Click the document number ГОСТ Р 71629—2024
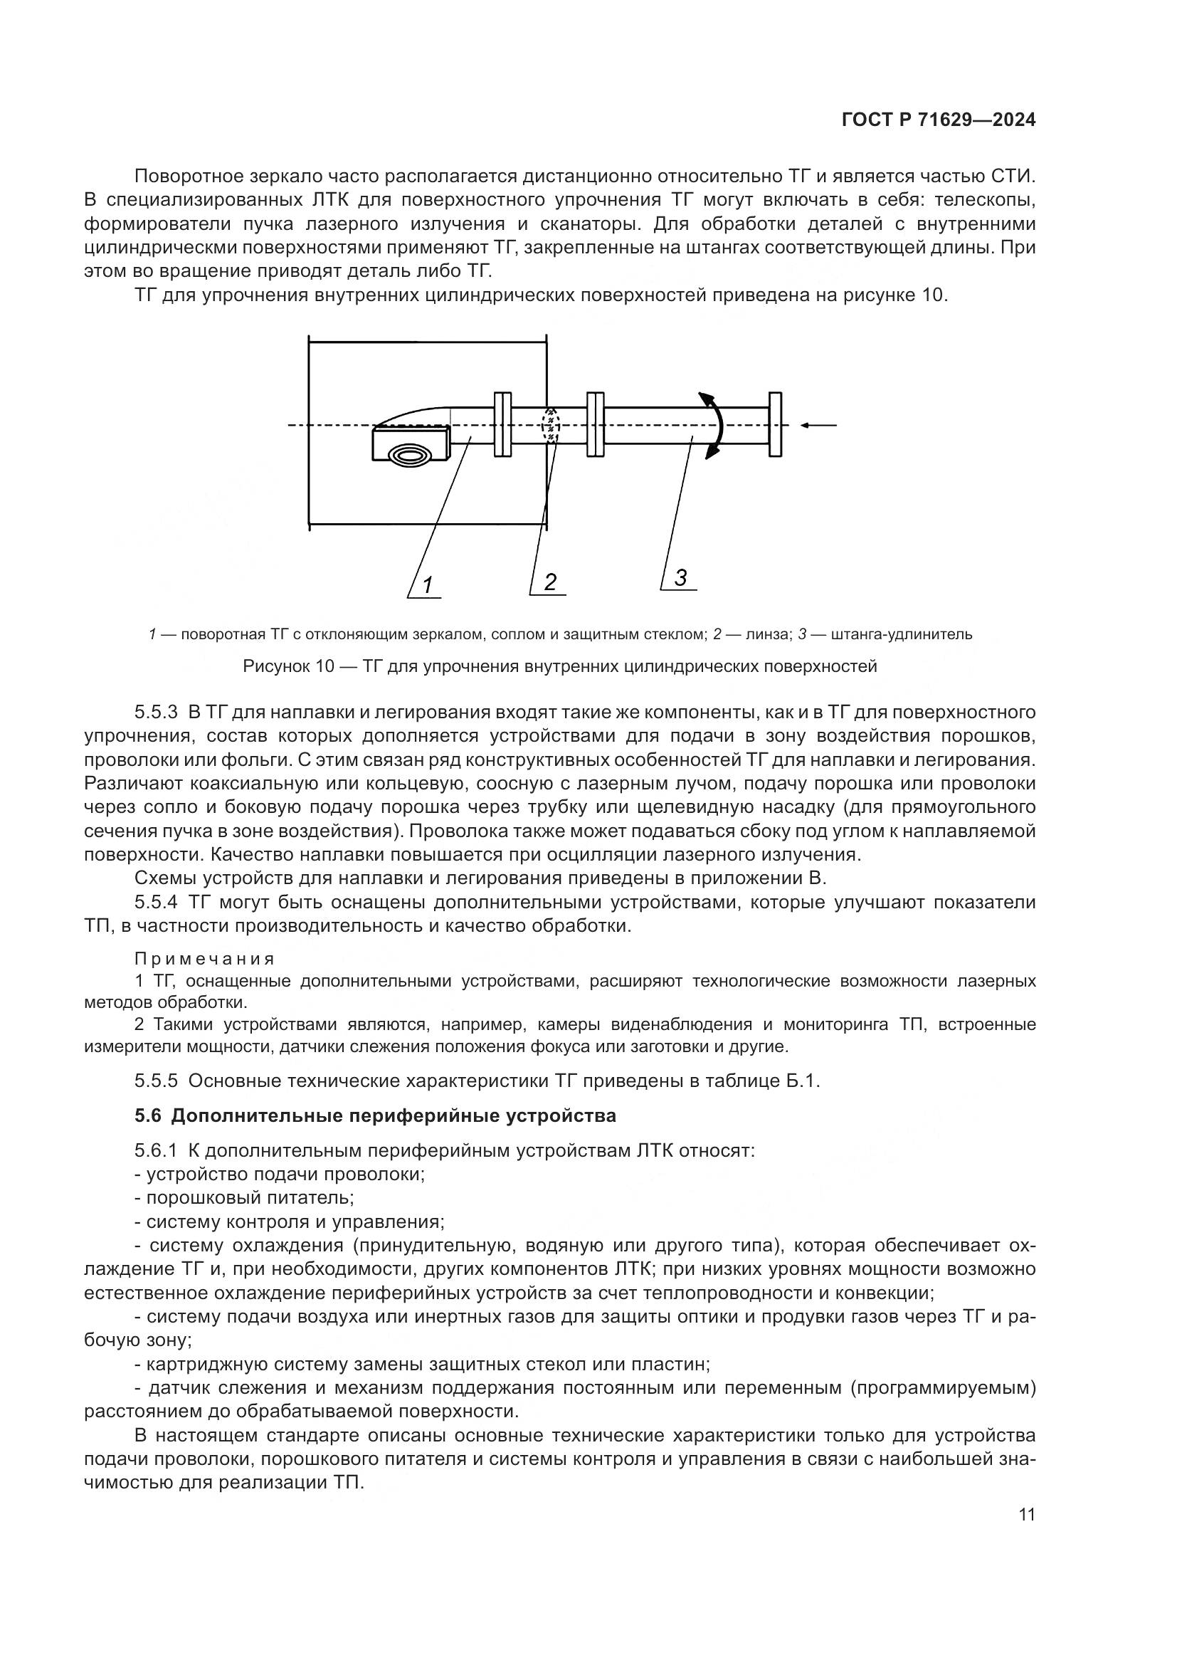click(x=938, y=120)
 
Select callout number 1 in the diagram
click(x=428, y=584)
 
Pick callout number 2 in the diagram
click(x=550, y=582)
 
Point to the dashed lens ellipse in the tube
click(x=551, y=425)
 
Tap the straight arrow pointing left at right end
click(x=819, y=425)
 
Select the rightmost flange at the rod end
click(x=776, y=425)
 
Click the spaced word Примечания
click(x=205, y=959)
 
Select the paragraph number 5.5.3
click(x=156, y=712)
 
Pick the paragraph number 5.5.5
click(x=156, y=1081)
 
